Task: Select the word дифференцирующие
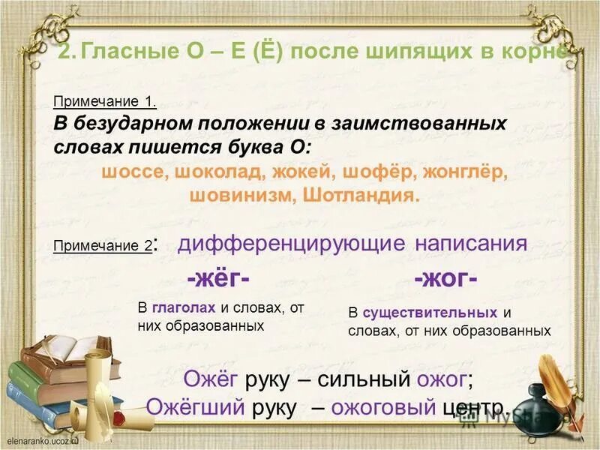[x=292, y=243]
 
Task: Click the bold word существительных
[x=429, y=312]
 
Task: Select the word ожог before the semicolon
[x=443, y=379]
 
